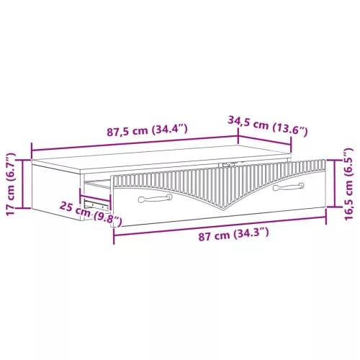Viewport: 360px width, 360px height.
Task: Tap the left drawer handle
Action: [152, 196]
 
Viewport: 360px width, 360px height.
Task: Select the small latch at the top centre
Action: [229, 165]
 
